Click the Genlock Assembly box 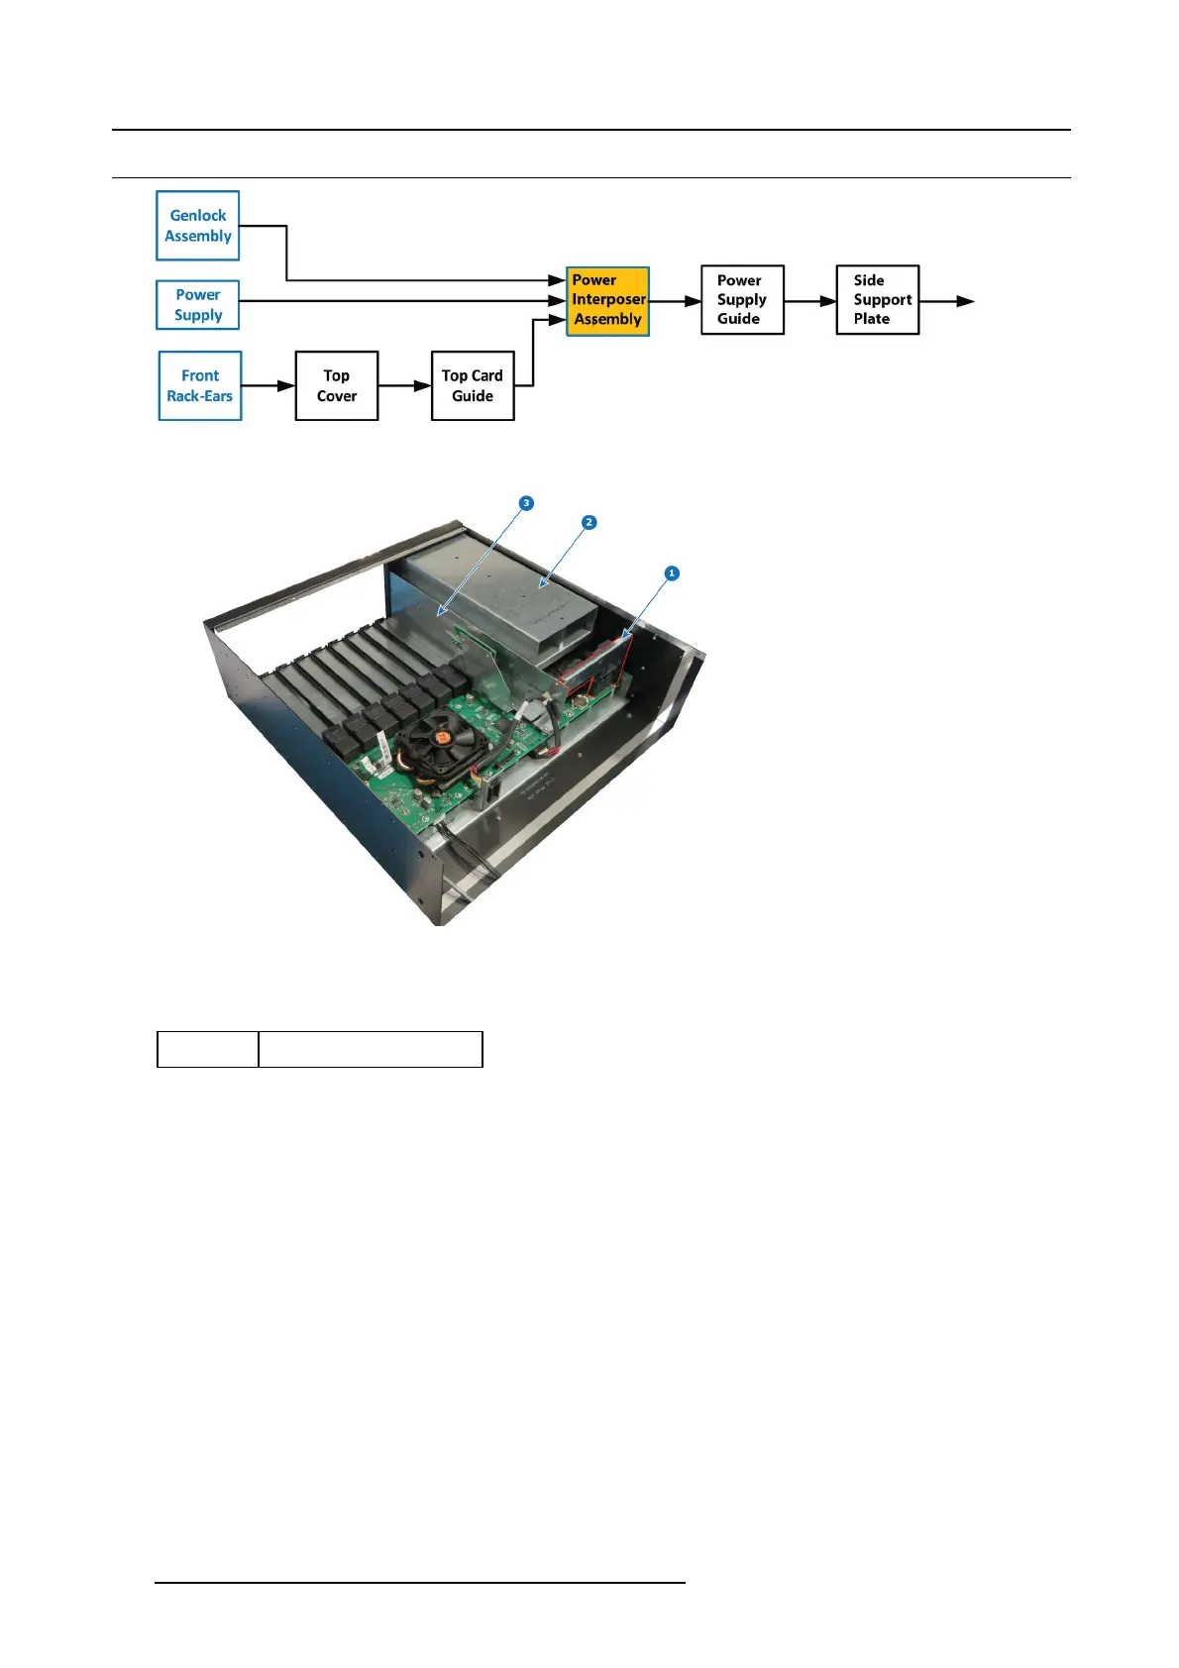tap(198, 226)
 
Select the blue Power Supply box tap(198, 305)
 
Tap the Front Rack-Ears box tap(200, 386)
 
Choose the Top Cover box tap(337, 386)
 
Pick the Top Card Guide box tap(473, 386)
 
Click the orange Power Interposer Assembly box tap(607, 301)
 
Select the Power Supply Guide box tap(742, 300)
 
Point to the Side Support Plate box tap(878, 300)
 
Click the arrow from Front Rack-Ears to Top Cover tap(268, 386)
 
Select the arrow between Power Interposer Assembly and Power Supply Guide tap(675, 301)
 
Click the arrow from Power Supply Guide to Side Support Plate tap(809, 301)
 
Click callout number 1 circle tap(672, 573)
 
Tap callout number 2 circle tap(589, 522)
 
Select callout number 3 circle tap(526, 503)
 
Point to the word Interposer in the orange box tap(608, 299)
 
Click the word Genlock tap(198, 215)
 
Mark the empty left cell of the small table tap(208, 1049)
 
